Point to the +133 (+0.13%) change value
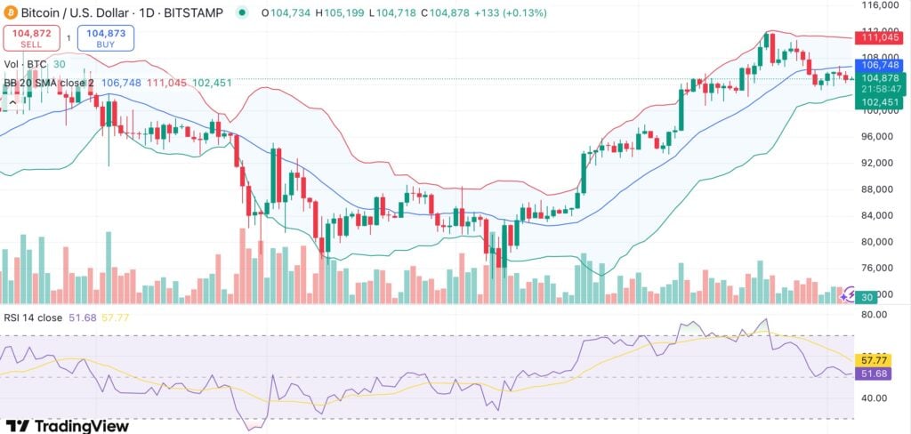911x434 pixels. (x=511, y=13)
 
